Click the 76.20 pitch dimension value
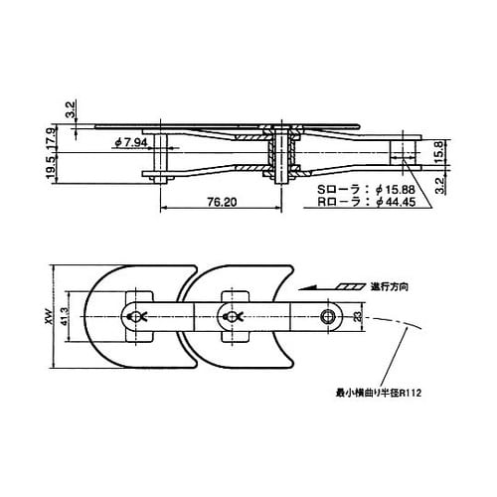click(222, 202)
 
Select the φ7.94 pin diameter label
click(131, 143)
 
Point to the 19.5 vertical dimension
click(51, 168)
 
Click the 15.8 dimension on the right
click(438, 152)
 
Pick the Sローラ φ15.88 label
click(366, 190)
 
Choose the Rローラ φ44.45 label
click(366, 202)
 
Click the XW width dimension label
click(49, 317)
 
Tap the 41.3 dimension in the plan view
click(65, 317)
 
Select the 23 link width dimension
click(357, 317)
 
